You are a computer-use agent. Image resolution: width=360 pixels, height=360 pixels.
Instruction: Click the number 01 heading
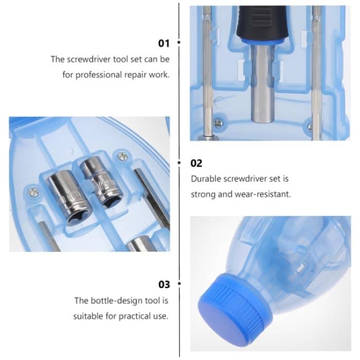[164, 43]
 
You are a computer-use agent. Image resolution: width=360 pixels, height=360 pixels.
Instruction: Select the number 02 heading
[196, 164]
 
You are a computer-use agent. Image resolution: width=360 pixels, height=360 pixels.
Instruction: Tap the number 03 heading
[164, 284]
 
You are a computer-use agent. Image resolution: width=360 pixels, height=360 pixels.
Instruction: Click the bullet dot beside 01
[179, 43]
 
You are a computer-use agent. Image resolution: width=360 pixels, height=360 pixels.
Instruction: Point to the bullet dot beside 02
[179, 164]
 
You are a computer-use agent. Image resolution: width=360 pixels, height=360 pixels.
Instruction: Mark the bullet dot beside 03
[179, 284]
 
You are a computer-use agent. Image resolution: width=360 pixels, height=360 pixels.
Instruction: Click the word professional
[98, 75]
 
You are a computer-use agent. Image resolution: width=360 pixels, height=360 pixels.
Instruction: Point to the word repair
[135, 75]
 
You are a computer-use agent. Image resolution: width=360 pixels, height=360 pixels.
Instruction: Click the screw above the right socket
[122, 155]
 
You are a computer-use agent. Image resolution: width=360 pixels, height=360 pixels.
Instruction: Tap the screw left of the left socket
[33, 192]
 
